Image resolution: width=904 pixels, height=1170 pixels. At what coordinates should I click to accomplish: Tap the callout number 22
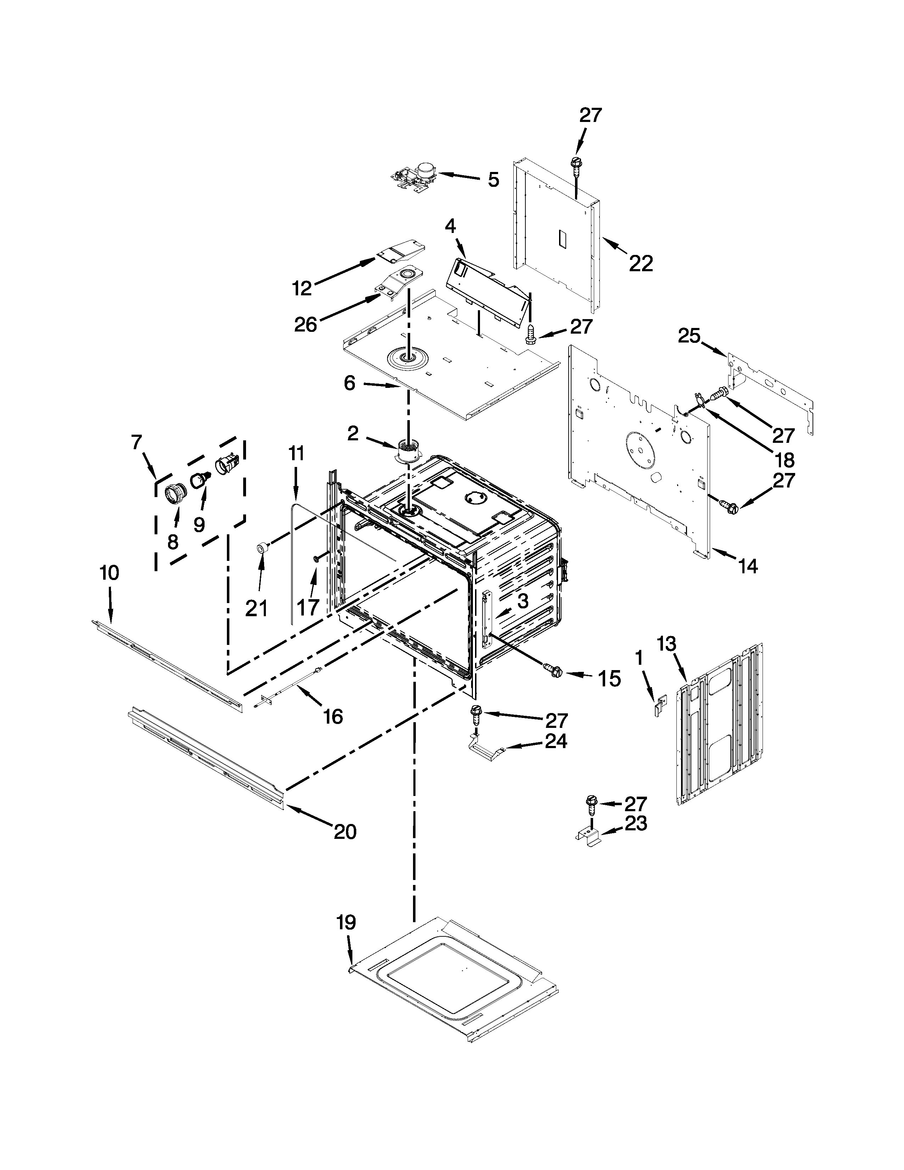pyautogui.click(x=641, y=263)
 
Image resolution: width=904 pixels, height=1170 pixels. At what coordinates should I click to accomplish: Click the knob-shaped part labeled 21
pyautogui.click(x=262, y=547)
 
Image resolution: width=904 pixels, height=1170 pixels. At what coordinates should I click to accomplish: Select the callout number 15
pyautogui.click(x=609, y=678)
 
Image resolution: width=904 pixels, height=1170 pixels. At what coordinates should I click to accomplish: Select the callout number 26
pyautogui.click(x=306, y=324)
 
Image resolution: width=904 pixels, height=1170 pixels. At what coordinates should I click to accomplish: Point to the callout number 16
pyautogui.click(x=333, y=716)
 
